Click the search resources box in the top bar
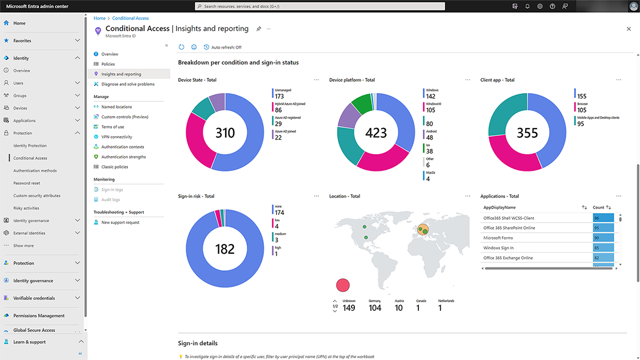point(320,6)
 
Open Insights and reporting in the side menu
point(121,74)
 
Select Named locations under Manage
point(117,107)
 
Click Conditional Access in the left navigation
point(30,158)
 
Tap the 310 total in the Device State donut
point(225,133)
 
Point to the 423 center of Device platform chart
point(376,133)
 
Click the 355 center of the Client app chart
point(527,133)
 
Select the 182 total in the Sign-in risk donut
point(225,249)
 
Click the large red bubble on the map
point(343,285)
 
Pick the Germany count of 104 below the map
point(375,308)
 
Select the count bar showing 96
point(603,218)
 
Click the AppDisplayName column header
point(499,207)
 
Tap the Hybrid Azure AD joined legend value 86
point(278,110)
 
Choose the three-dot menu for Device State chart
point(316,80)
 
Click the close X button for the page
point(629,29)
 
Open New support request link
point(120,222)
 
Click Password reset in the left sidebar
point(27,183)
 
